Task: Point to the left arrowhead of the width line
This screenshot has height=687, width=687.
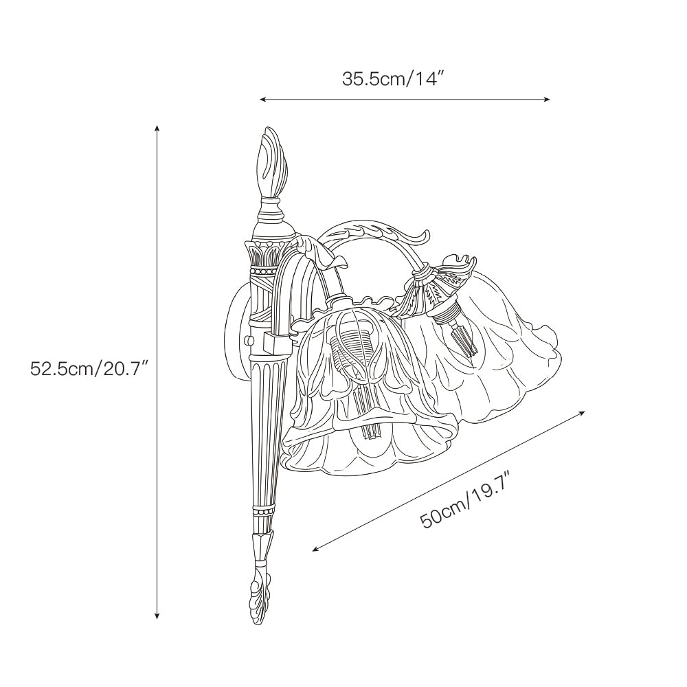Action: [x=263, y=100]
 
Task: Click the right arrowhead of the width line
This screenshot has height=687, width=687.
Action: [x=547, y=100]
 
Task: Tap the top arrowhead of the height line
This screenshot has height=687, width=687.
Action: [x=157, y=128]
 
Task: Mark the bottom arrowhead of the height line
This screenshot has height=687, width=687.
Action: [x=157, y=616]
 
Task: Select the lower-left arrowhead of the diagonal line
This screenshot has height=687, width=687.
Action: [x=315, y=548]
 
